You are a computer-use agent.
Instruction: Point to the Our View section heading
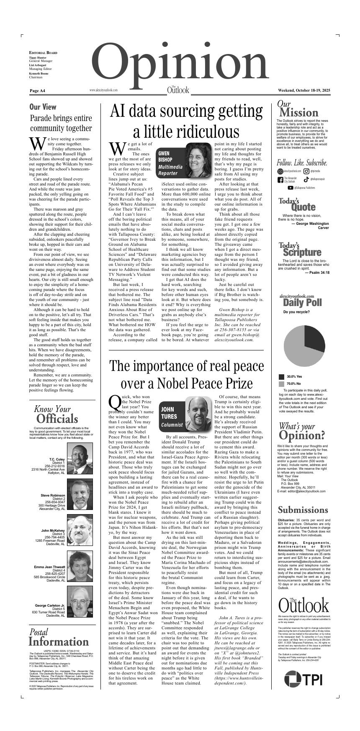[x=43, y=107]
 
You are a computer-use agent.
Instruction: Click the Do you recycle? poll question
[x=296, y=312]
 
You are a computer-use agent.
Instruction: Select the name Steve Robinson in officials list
[x=53, y=495]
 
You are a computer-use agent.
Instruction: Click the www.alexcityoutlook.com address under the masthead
[x=103, y=90]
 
